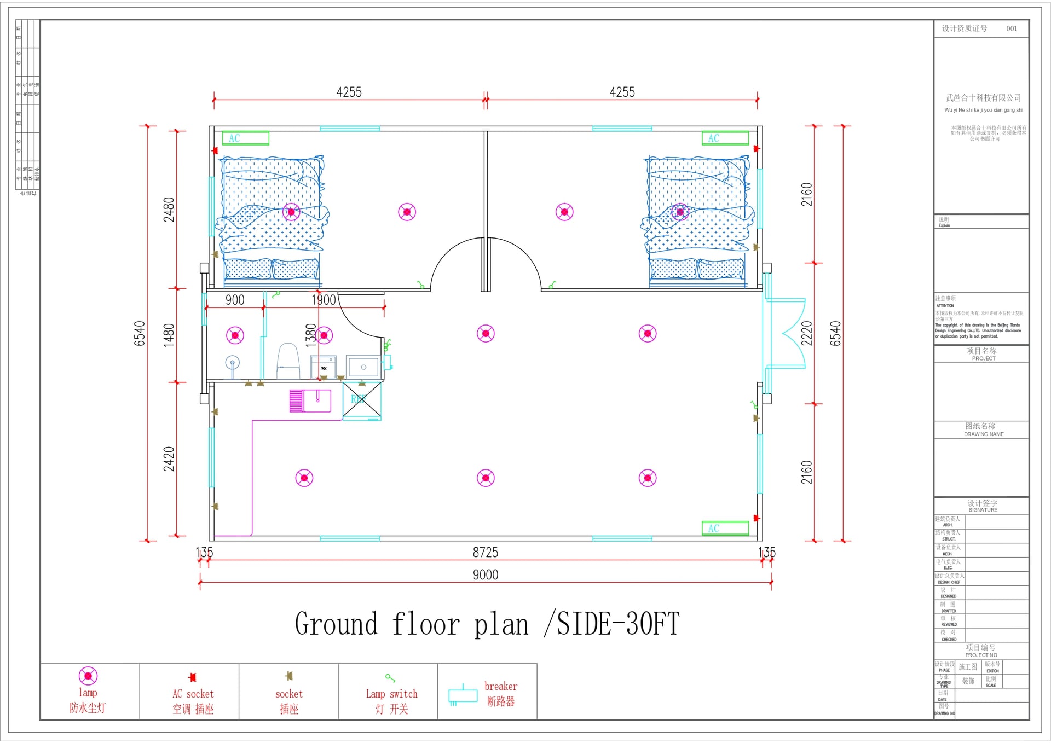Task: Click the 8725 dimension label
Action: (x=486, y=552)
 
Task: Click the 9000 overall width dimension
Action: (x=486, y=574)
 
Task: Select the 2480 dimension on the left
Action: (x=169, y=210)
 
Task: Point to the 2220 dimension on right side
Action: (x=806, y=333)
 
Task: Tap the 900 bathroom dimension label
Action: (x=235, y=300)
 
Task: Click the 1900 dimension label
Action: (x=324, y=300)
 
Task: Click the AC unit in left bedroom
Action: (x=246, y=138)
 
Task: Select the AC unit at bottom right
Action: (x=725, y=528)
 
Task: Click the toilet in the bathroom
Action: (x=288, y=361)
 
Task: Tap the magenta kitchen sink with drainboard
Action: (x=310, y=400)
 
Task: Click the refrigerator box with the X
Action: (x=362, y=400)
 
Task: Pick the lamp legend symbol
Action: (x=88, y=676)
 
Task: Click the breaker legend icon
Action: (x=463, y=695)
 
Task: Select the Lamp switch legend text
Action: (x=391, y=694)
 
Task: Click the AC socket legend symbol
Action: (x=192, y=677)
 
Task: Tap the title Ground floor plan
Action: (x=487, y=624)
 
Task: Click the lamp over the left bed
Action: (x=291, y=212)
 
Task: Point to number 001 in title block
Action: (x=1012, y=28)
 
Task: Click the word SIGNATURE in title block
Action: (x=983, y=510)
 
